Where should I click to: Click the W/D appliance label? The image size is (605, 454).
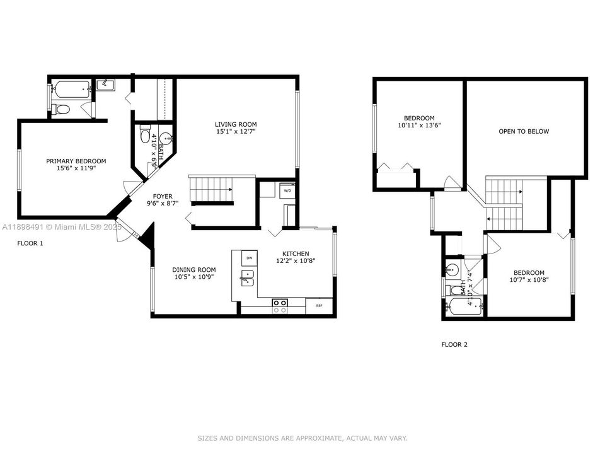tap(287, 190)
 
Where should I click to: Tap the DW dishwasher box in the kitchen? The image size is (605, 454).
tap(249, 258)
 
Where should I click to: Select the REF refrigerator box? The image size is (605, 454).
tap(319, 306)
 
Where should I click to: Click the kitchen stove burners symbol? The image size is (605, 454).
tap(280, 306)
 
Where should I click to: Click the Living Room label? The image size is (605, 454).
tap(236, 124)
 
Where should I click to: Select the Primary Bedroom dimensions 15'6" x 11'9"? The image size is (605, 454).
tap(76, 169)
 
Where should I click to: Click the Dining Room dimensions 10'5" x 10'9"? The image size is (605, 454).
tap(194, 277)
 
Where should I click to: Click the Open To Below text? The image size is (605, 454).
tap(524, 132)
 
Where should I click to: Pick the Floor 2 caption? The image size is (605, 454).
tap(454, 345)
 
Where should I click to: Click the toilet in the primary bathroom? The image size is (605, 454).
tap(62, 110)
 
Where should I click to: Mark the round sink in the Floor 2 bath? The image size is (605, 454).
tap(452, 269)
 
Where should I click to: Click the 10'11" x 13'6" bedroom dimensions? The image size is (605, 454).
tap(419, 125)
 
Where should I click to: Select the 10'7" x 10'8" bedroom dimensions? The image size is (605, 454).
tap(529, 280)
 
